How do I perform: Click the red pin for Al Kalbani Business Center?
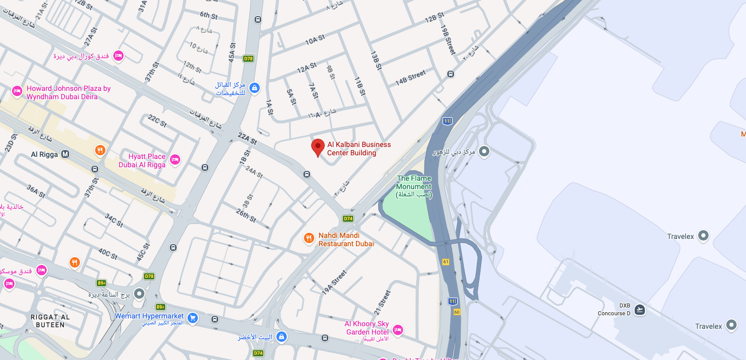coord(318,147)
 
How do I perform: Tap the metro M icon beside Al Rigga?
coord(65,154)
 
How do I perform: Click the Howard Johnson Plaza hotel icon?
coord(17,91)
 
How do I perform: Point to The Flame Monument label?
coord(414,186)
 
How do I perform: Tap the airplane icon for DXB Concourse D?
coord(640,310)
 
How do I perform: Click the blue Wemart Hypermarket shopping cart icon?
coord(193,317)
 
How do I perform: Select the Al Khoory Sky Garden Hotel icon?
coord(398,329)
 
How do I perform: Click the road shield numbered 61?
coord(446,261)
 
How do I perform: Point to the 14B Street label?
coord(410,78)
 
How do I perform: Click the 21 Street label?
coord(382,302)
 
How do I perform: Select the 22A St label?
coord(247,139)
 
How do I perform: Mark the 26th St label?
coord(246,215)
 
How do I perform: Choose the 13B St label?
coord(376,60)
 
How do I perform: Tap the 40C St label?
coord(108,254)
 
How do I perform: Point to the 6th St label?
coord(208,16)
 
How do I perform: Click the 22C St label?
coord(157,121)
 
